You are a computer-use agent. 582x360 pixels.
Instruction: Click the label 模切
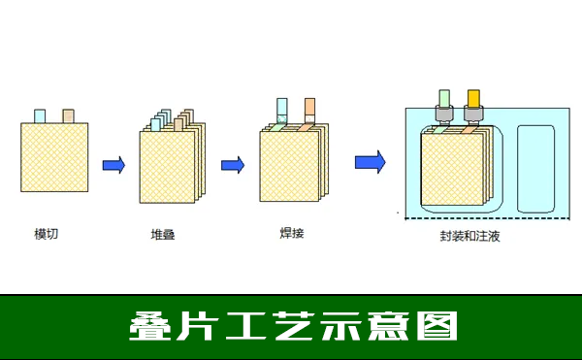(x=46, y=234)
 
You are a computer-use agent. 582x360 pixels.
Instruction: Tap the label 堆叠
(x=163, y=234)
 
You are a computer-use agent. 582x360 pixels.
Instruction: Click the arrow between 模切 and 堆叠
(x=113, y=165)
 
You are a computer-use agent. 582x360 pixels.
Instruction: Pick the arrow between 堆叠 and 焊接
(x=233, y=164)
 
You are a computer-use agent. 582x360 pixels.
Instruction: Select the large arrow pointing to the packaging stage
(x=370, y=161)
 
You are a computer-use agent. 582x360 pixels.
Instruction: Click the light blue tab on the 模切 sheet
(x=40, y=116)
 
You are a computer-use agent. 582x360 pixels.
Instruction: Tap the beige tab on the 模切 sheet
(x=69, y=116)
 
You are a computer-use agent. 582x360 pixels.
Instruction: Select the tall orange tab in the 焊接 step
(x=309, y=108)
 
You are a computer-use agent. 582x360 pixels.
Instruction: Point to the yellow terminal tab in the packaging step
(x=473, y=97)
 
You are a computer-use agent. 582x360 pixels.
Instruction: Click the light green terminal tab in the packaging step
(x=444, y=97)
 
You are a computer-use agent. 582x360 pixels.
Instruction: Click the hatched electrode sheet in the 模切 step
(x=54, y=162)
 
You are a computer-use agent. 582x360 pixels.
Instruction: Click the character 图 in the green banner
(x=437, y=326)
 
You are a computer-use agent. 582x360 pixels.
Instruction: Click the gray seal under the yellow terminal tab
(x=473, y=115)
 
